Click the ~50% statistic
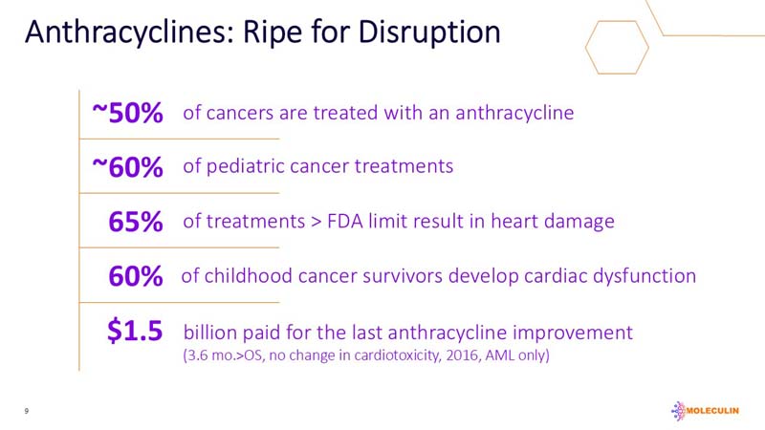pyautogui.click(x=127, y=113)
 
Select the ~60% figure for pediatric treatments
pyautogui.click(x=127, y=167)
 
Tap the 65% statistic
pyautogui.click(x=136, y=222)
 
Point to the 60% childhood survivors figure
pyautogui.click(x=136, y=276)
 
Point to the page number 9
pyautogui.click(x=28, y=411)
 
